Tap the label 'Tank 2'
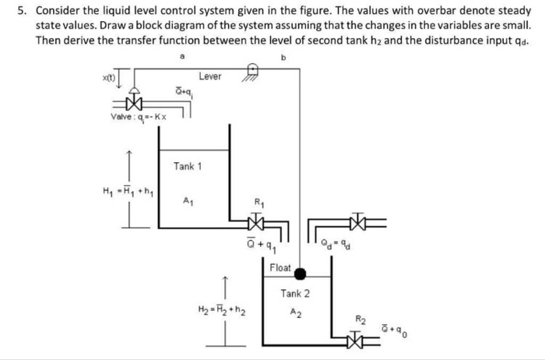(295, 294)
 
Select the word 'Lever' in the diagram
(209, 76)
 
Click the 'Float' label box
(280, 267)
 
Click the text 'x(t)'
(112, 78)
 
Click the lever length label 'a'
(182, 57)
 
